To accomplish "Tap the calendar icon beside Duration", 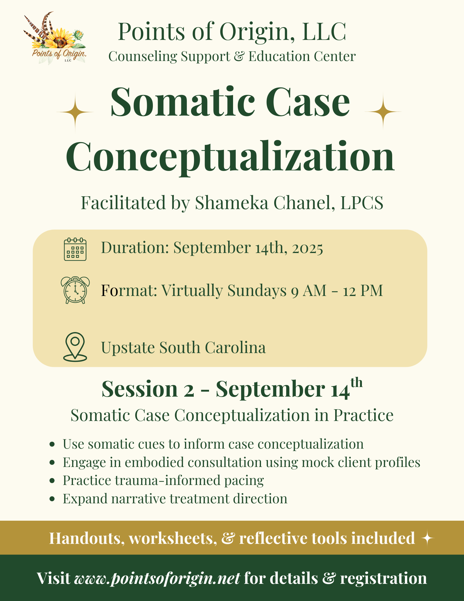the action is pos(75,249).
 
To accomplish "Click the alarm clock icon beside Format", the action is pos(75,290).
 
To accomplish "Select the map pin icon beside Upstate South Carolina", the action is pos(75,347).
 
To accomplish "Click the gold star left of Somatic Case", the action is pos(75,112).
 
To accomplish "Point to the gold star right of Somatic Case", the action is pos(383,111).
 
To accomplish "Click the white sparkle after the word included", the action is pos(427,538).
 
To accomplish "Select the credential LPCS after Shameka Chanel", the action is pos(362,203).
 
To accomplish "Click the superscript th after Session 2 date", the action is pos(356,383).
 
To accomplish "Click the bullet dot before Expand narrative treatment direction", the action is pos(52,499).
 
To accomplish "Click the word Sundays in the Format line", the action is pos(257,291).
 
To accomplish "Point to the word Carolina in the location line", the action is pos(235,348).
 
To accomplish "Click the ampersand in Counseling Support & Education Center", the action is pos(239,56).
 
